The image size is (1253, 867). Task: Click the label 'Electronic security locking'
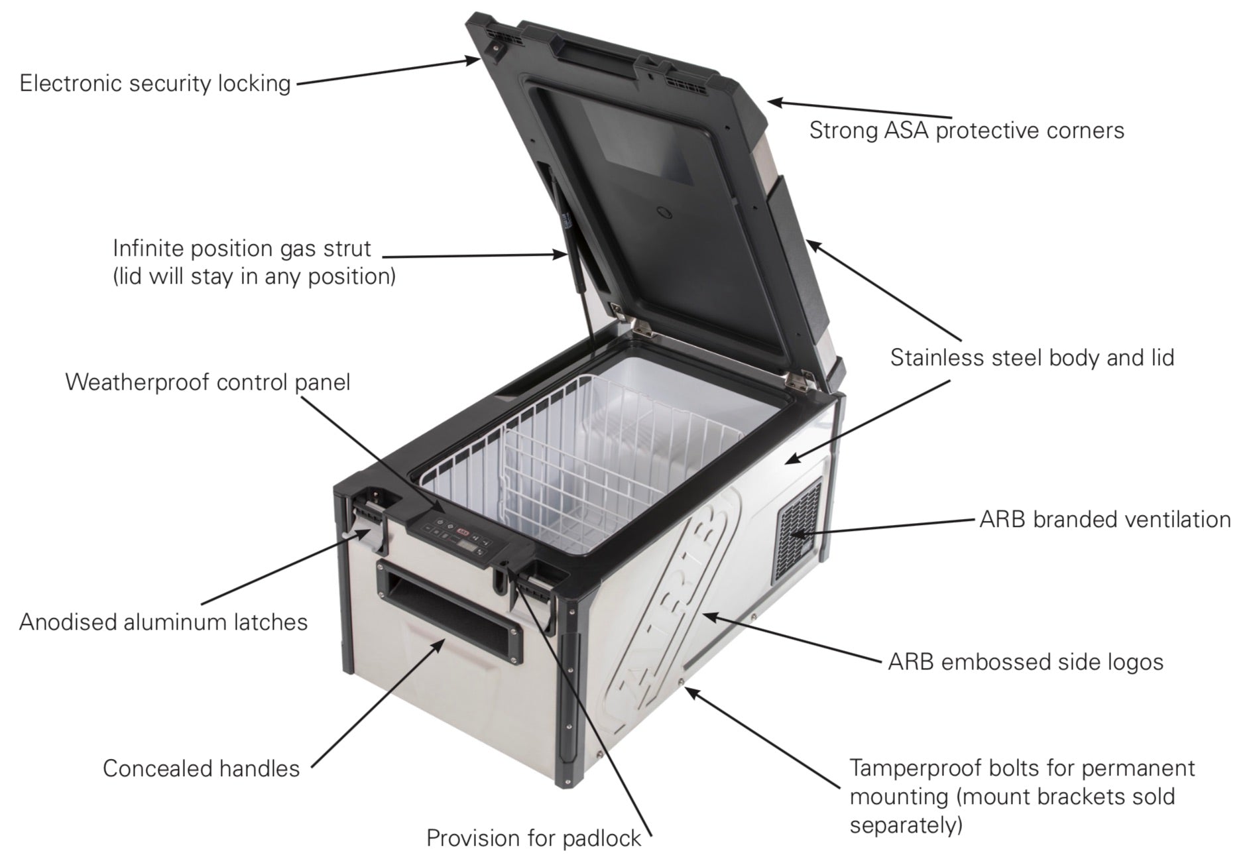click(x=155, y=84)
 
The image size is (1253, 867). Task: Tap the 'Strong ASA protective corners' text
click(x=967, y=130)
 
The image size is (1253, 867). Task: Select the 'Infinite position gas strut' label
click(x=242, y=249)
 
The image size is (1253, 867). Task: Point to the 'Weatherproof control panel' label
click(x=208, y=382)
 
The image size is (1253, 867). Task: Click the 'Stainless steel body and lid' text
click(x=1032, y=358)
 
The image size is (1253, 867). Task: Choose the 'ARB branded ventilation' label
click(x=1105, y=520)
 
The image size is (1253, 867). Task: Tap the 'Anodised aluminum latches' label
click(x=164, y=622)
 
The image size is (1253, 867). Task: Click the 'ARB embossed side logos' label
click(x=1026, y=662)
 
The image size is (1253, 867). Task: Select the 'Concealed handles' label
click(x=202, y=769)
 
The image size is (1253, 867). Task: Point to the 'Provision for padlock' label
click(x=534, y=838)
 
